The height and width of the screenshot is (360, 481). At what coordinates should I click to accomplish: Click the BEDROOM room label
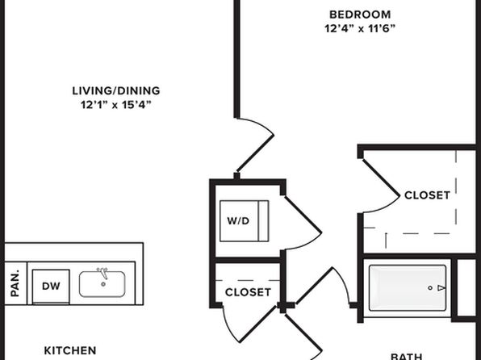(x=360, y=15)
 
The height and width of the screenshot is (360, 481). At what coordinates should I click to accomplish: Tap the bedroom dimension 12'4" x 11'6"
(x=360, y=28)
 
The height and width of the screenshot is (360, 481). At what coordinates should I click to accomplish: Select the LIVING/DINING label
(x=116, y=91)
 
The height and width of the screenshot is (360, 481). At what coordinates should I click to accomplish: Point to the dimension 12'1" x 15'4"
(x=116, y=105)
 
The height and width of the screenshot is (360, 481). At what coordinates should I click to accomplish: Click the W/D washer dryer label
(x=238, y=220)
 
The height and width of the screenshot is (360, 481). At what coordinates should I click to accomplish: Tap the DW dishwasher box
(x=51, y=287)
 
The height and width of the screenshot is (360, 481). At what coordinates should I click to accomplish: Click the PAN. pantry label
(x=15, y=283)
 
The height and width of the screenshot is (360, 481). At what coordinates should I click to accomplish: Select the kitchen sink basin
(x=102, y=284)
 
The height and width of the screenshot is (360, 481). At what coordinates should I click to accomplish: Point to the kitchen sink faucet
(x=102, y=273)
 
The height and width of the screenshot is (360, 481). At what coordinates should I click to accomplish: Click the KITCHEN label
(x=70, y=350)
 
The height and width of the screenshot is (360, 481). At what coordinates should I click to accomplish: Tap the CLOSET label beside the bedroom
(x=427, y=195)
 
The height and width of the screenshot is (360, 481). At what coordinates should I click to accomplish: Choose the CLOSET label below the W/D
(x=248, y=292)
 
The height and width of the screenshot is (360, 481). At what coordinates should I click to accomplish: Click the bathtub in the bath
(x=408, y=288)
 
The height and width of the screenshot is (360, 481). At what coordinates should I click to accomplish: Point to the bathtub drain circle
(x=430, y=288)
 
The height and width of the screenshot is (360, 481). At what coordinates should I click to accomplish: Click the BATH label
(x=407, y=357)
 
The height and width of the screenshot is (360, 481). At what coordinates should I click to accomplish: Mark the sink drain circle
(x=103, y=284)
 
